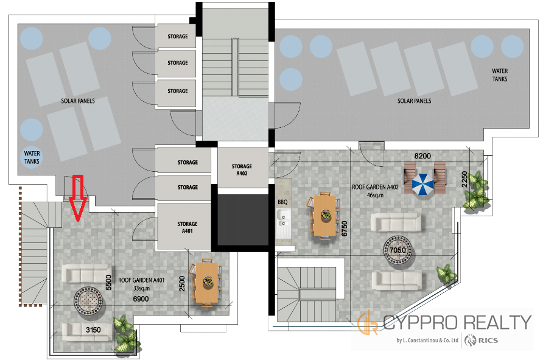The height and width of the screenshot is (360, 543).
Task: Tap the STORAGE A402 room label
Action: coord(242,170)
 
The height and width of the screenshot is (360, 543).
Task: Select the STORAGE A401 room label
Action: coord(187,227)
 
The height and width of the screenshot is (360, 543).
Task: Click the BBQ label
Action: coord(282,202)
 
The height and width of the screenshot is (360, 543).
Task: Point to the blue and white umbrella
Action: coord(422,184)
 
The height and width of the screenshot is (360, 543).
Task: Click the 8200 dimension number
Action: coord(422,156)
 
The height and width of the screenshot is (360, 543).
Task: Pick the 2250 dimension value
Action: coord(464,179)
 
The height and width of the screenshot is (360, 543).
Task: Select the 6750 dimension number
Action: coord(344,229)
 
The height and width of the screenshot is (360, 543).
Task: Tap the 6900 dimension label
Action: coord(141,298)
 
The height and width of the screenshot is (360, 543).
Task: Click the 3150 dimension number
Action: coord(93,330)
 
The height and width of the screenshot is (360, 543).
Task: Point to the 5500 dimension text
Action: coord(109,283)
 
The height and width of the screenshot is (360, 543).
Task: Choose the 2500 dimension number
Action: coord(182,283)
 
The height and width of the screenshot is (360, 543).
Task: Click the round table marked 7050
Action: coord(398,250)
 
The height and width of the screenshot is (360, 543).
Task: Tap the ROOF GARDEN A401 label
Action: coord(141,280)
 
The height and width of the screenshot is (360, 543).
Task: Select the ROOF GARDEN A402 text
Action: coord(376,187)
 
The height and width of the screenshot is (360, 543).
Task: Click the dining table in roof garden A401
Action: coord(207,283)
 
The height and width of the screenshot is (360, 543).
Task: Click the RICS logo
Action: coord(482,341)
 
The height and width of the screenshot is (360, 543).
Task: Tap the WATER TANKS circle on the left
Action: coord(32,157)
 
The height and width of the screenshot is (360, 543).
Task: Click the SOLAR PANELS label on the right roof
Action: coord(414,101)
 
